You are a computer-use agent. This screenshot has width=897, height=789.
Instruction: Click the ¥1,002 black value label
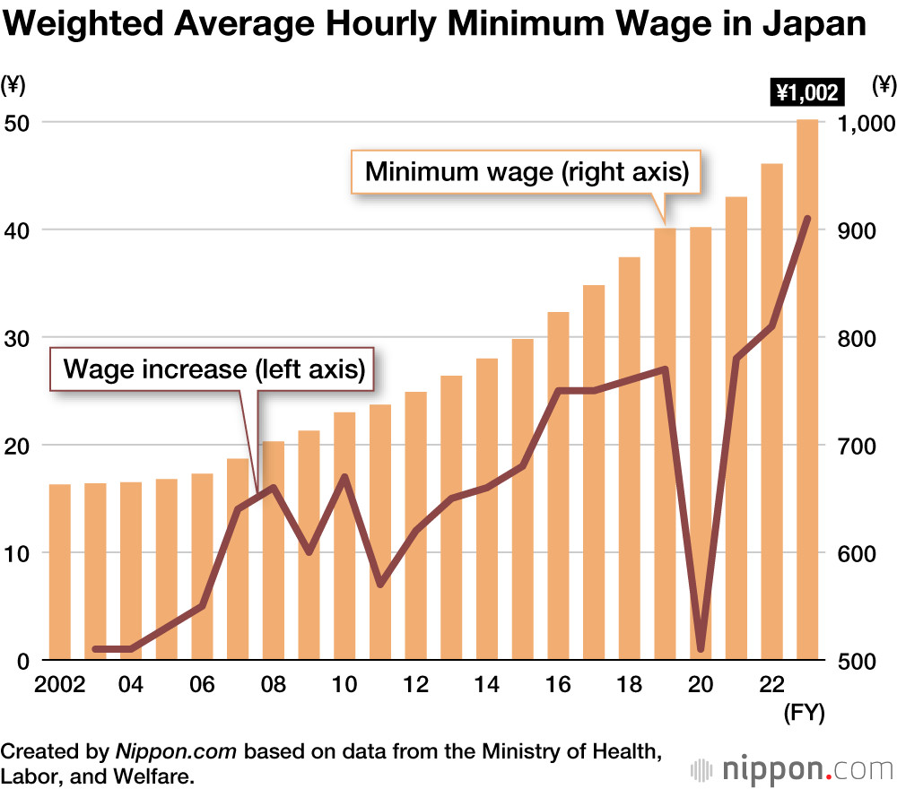[x=807, y=91]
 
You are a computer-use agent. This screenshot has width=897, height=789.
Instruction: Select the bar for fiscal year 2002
[x=59, y=572]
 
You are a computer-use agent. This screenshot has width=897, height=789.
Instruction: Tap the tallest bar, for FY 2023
[x=807, y=390]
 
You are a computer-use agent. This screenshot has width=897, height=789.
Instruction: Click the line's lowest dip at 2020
[x=701, y=648]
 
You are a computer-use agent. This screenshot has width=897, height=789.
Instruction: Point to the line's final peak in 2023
[x=807, y=219]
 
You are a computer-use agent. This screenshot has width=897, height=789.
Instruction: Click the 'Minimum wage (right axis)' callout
[x=527, y=172]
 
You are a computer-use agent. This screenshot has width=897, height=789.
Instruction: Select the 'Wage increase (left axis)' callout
[x=212, y=368]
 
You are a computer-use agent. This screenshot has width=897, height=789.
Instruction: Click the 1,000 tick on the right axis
[x=864, y=123]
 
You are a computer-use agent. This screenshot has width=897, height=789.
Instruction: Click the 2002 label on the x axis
[x=59, y=685]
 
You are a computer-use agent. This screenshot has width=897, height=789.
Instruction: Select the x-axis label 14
[x=486, y=685]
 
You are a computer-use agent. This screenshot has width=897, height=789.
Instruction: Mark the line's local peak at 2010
[x=344, y=477]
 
